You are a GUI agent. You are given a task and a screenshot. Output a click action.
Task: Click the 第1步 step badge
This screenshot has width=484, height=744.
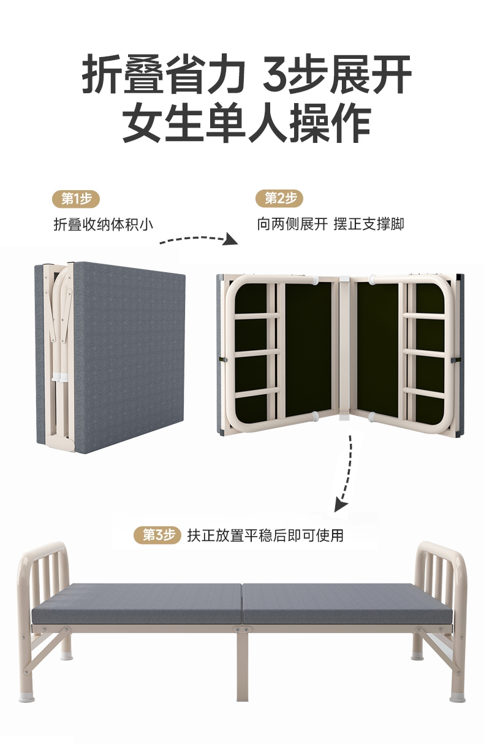[77, 198]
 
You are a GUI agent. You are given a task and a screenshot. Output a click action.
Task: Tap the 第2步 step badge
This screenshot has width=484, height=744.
[280, 198]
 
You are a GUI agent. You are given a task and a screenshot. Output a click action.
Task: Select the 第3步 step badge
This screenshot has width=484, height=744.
[158, 535]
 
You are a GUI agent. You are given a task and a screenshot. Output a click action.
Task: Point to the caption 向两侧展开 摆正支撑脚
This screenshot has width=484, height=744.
[330, 224]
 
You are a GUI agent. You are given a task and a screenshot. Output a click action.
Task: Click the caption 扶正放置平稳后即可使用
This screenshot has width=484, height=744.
[265, 535]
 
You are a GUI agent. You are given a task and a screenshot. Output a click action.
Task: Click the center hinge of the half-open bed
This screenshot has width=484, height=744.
[343, 350]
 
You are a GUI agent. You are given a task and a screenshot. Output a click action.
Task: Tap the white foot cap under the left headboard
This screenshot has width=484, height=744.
[31, 696]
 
